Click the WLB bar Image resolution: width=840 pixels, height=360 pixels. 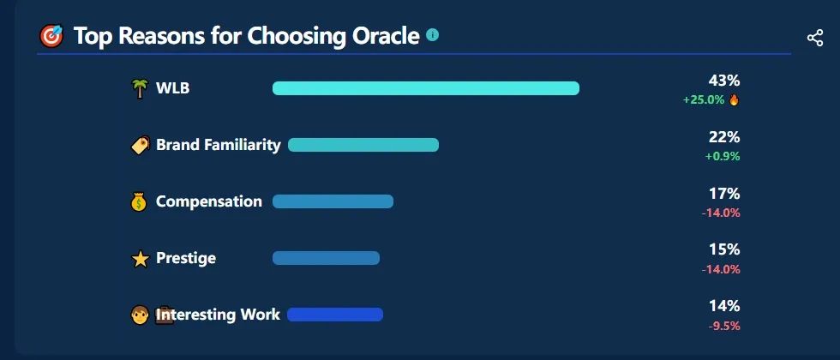coord(426,88)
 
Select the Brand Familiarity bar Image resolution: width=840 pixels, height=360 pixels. coord(363,145)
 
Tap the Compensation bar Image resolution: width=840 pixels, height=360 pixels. coord(333,201)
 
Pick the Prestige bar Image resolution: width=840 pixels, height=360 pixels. coord(326,258)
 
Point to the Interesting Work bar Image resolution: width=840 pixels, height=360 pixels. coord(335,315)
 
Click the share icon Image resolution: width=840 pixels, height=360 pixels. coord(815,38)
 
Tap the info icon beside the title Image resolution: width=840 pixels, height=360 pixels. coord(432,35)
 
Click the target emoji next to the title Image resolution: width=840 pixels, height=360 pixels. coord(51,36)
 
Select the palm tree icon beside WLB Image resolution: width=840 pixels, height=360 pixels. coord(139,88)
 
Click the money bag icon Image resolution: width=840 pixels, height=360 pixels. coord(139,202)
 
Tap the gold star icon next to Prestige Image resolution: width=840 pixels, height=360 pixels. coord(140,259)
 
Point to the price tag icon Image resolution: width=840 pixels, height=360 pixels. coord(140,145)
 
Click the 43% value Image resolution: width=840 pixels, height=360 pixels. coord(723,81)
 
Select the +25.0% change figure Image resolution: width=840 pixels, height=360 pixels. coord(704,99)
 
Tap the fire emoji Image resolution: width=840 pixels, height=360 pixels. coord(734,99)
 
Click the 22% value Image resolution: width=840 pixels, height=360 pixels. coord(724,138)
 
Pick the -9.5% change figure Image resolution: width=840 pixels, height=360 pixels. coord(724,326)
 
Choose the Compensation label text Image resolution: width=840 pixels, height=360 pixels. coord(209,202)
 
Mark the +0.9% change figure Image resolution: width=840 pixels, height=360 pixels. coord(723,156)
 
